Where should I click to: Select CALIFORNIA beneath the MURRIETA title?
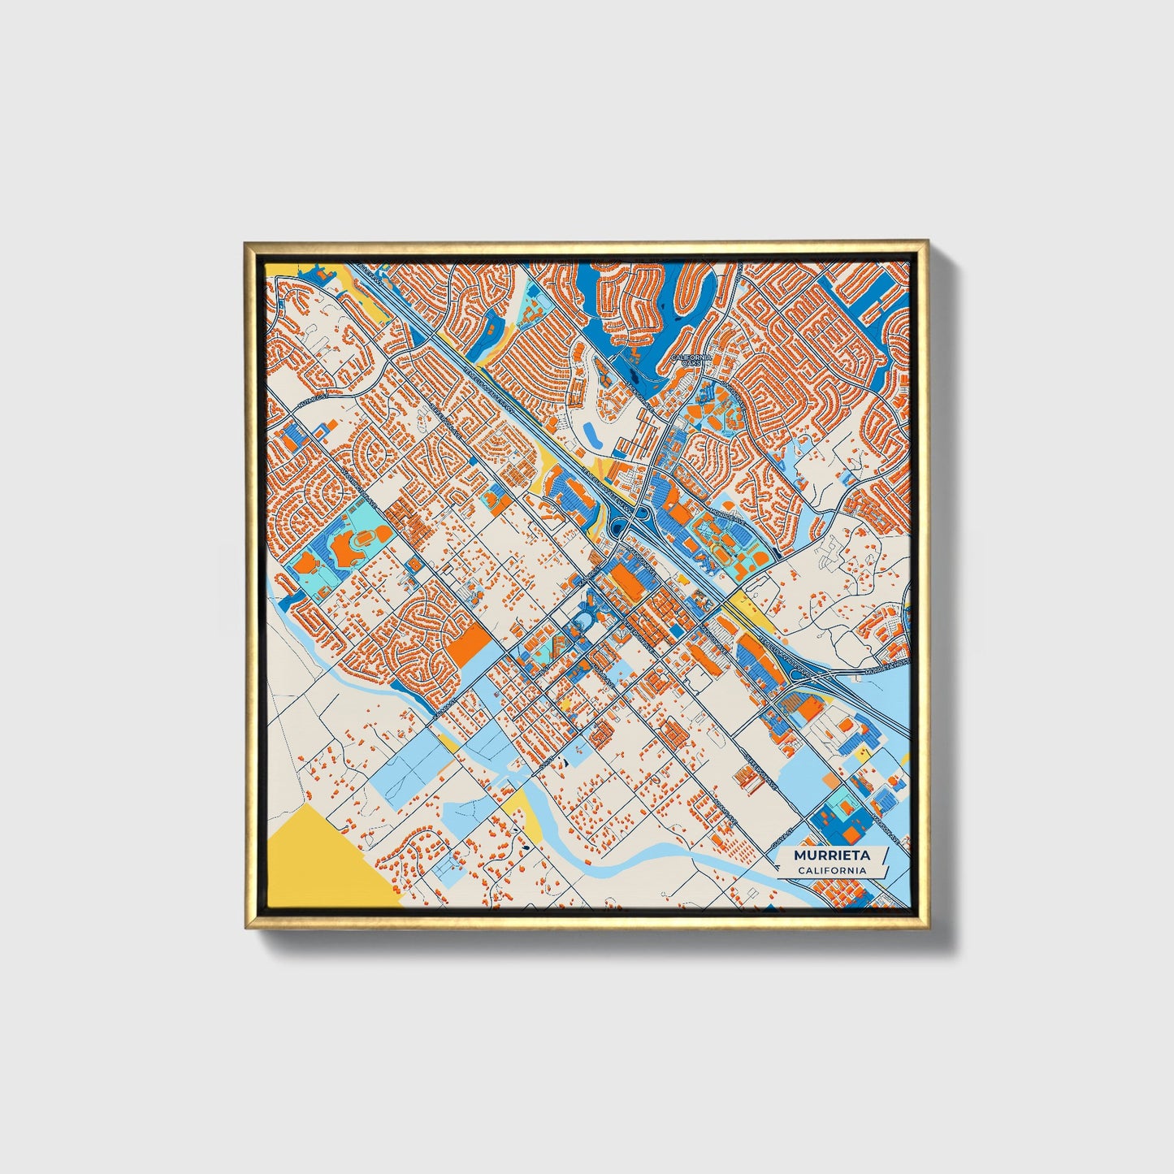click(x=831, y=871)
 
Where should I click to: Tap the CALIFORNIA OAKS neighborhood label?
click(x=691, y=359)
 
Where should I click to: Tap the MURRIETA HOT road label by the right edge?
click(x=887, y=669)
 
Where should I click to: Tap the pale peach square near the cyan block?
click(x=828, y=780)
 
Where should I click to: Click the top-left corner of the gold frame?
click(x=245, y=243)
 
